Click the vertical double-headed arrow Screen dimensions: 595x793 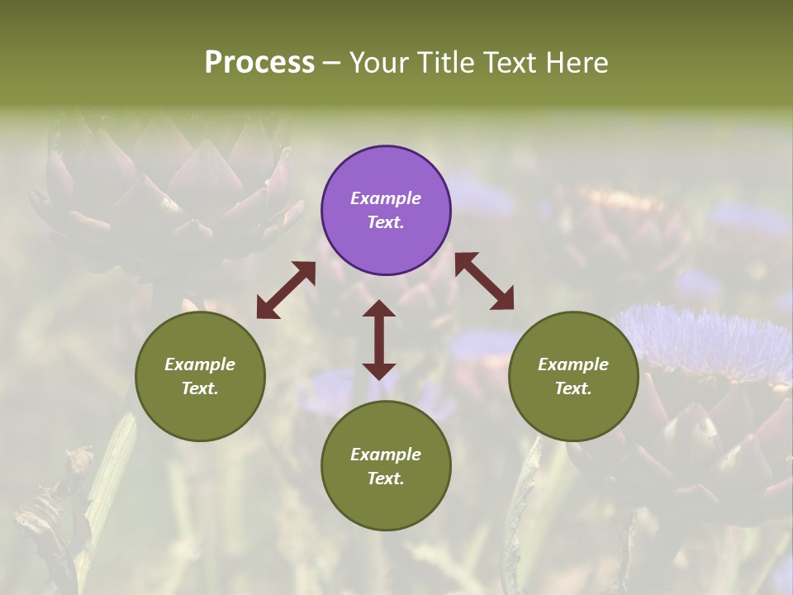click(379, 340)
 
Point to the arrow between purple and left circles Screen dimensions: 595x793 click(286, 290)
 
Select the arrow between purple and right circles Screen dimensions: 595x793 click(484, 281)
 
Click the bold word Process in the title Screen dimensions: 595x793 click(259, 63)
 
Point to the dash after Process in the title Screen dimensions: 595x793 click(331, 63)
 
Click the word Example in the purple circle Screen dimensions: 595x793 click(386, 198)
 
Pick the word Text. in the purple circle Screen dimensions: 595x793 click(386, 222)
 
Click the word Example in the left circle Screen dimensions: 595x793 click(200, 364)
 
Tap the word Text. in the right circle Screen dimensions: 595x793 click(573, 388)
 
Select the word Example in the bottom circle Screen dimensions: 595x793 click(386, 455)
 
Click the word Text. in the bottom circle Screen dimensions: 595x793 click(386, 478)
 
